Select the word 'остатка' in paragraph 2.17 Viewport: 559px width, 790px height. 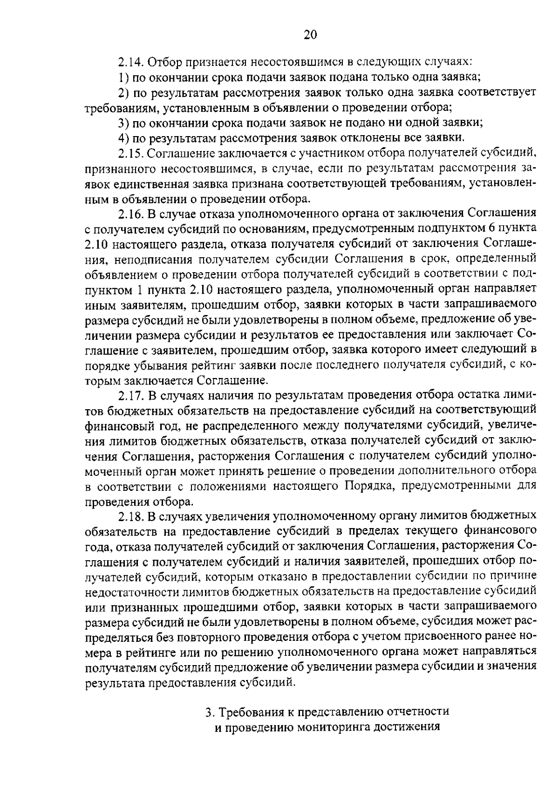476,396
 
